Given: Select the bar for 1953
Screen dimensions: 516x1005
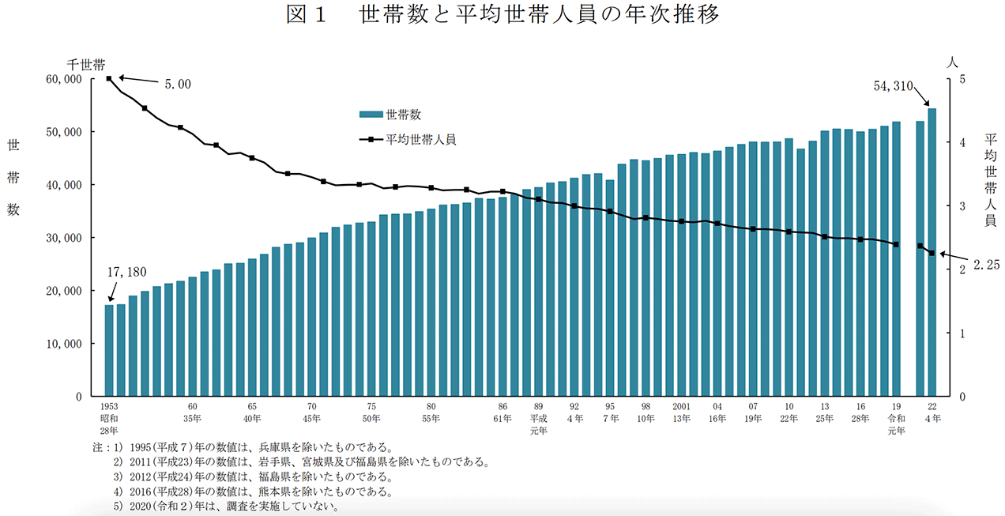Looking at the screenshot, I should click(x=110, y=350).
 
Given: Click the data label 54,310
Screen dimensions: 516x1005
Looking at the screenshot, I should click(x=894, y=85).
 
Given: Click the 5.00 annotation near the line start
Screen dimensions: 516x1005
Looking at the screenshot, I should click(x=177, y=84).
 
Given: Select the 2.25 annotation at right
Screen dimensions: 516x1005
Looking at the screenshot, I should click(x=986, y=266).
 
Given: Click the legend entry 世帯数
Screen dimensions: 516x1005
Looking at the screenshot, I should click(x=403, y=115).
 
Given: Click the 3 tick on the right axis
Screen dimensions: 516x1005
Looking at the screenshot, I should click(x=961, y=206).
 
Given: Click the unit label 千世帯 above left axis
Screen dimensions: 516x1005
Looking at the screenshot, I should click(x=86, y=63).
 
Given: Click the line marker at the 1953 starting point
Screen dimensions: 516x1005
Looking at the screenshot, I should click(x=110, y=78).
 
